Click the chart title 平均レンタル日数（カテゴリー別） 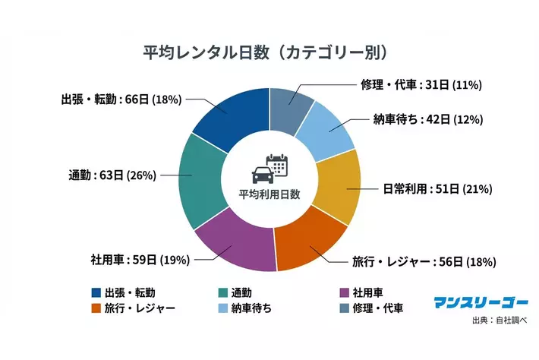269,52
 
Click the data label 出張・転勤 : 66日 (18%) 119,99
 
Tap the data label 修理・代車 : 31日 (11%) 421,84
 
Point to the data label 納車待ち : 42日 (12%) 428,119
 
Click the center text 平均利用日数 269,194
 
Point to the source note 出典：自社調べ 497,321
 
